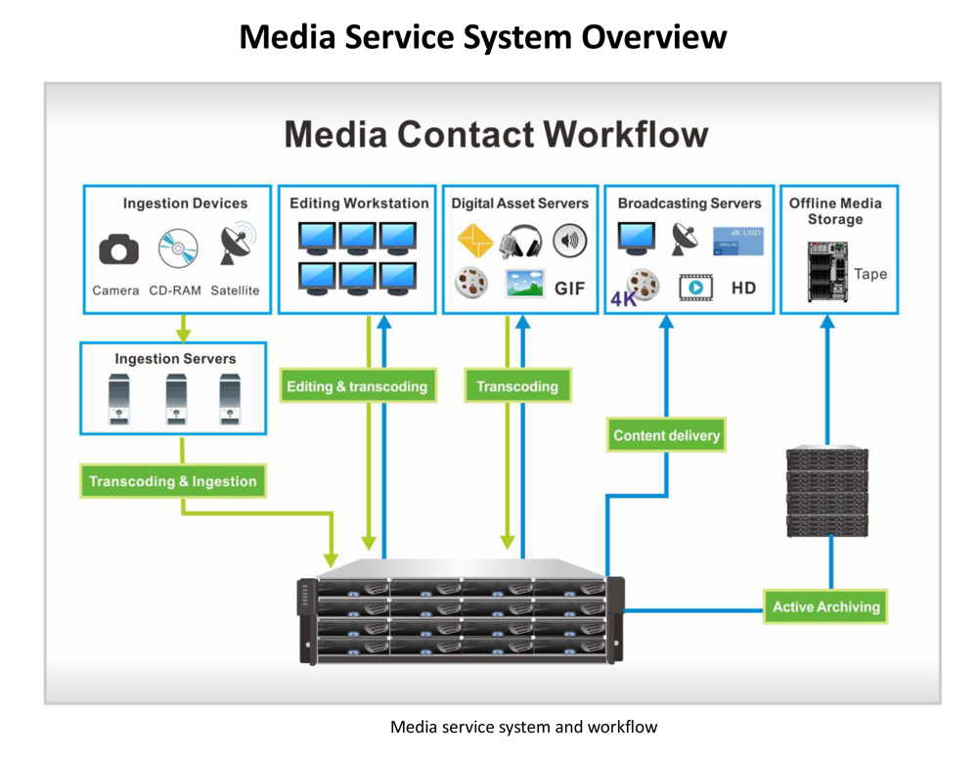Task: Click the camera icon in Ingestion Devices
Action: pyautogui.click(x=118, y=250)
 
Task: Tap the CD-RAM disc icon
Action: pyautogui.click(x=178, y=248)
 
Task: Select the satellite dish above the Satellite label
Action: pyautogui.click(x=236, y=246)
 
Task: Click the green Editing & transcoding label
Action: pyautogui.click(x=357, y=386)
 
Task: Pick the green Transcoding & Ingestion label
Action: pyautogui.click(x=173, y=481)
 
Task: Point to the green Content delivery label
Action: pyautogui.click(x=667, y=435)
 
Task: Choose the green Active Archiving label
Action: pyautogui.click(x=826, y=606)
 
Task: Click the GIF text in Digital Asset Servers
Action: pyautogui.click(x=570, y=289)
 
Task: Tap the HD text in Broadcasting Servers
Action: pyautogui.click(x=743, y=289)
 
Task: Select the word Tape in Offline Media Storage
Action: pyautogui.click(x=869, y=274)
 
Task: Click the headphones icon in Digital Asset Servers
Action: pyautogui.click(x=520, y=242)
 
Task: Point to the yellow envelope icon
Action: pyautogui.click(x=475, y=241)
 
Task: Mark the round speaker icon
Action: pyautogui.click(x=569, y=241)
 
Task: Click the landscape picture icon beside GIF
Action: pyautogui.click(x=524, y=284)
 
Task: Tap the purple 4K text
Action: pyautogui.click(x=623, y=299)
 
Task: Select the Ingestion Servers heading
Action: pyautogui.click(x=175, y=359)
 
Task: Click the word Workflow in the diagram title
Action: pyautogui.click(x=626, y=134)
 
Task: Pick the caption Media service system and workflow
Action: pyautogui.click(x=523, y=727)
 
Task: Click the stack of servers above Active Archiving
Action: pyautogui.click(x=827, y=490)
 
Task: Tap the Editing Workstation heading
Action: pyautogui.click(x=359, y=203)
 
